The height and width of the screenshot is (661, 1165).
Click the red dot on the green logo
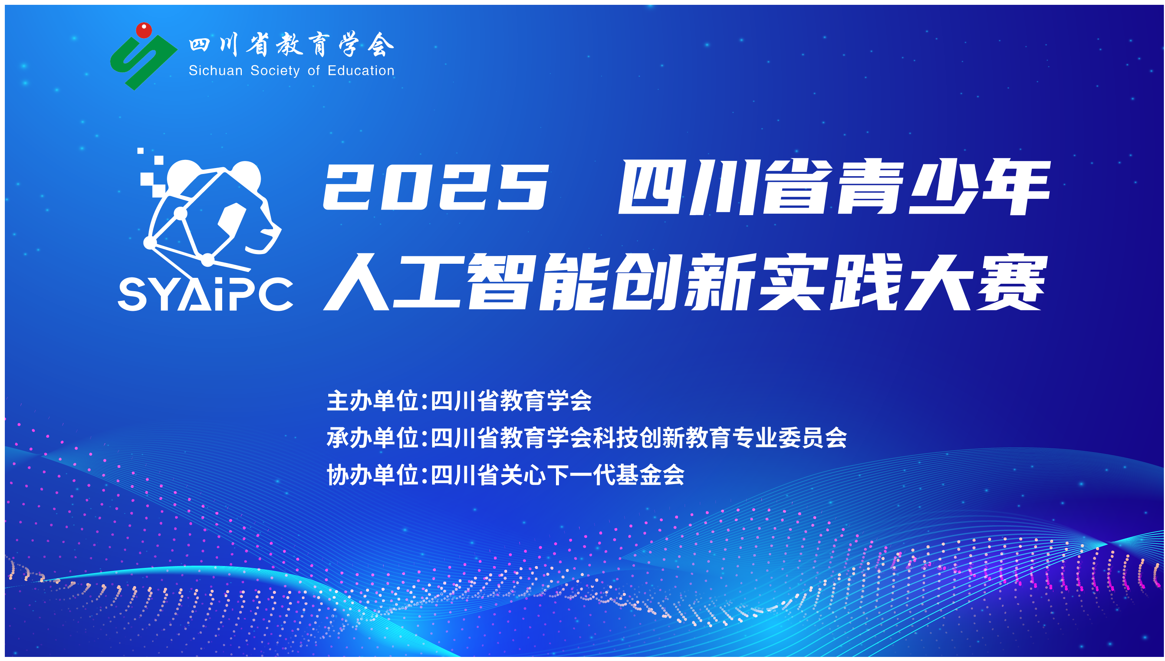(x=144, y=30)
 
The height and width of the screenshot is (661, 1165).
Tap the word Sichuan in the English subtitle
(x=215, y=70)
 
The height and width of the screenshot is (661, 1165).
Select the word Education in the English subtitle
(x=361, y=70)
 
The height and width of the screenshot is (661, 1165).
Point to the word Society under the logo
(x=275, y=71)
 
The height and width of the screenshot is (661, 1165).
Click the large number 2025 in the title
(x=436, y=187)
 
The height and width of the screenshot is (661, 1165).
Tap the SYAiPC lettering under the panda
(x=205, y=294)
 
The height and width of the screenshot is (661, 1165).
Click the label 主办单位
(x=372, y=401)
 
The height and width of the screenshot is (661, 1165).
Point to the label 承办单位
(x=372, y=438)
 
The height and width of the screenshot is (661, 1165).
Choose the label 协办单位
(x=372, y=475)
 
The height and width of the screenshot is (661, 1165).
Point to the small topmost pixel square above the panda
(x=140, y=151)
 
